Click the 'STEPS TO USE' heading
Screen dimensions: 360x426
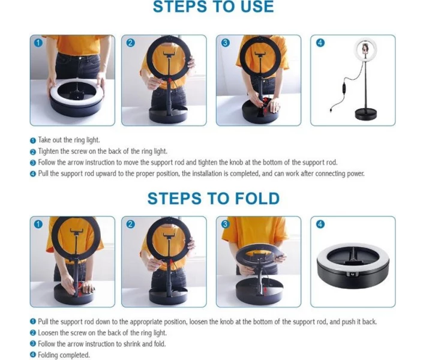(x=213, y=7)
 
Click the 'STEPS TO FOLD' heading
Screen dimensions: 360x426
(x=213, y=198)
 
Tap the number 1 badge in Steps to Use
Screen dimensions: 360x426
(x=38, y=43)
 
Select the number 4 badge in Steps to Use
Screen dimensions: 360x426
(x=320, y=43)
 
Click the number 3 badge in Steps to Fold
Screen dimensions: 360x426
(x=226, y=224)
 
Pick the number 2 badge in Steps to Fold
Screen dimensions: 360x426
(x=131, y=224)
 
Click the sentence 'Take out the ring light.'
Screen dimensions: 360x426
(x=68, y=140)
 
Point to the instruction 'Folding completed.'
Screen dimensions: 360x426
(x=64, y=355)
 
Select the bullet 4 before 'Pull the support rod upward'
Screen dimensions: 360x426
(x=33, y=174)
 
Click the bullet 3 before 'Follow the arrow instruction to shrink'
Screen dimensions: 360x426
(x=33, y=344)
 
